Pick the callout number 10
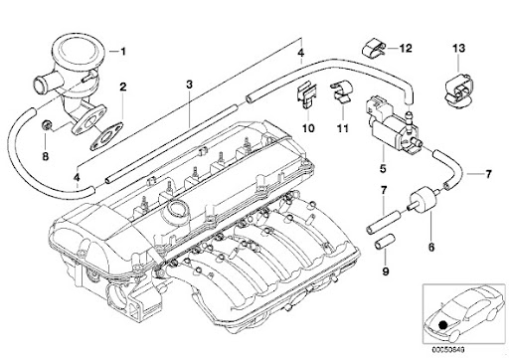click(x=308, y=129)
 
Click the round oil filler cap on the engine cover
click(x=178, y=212)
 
